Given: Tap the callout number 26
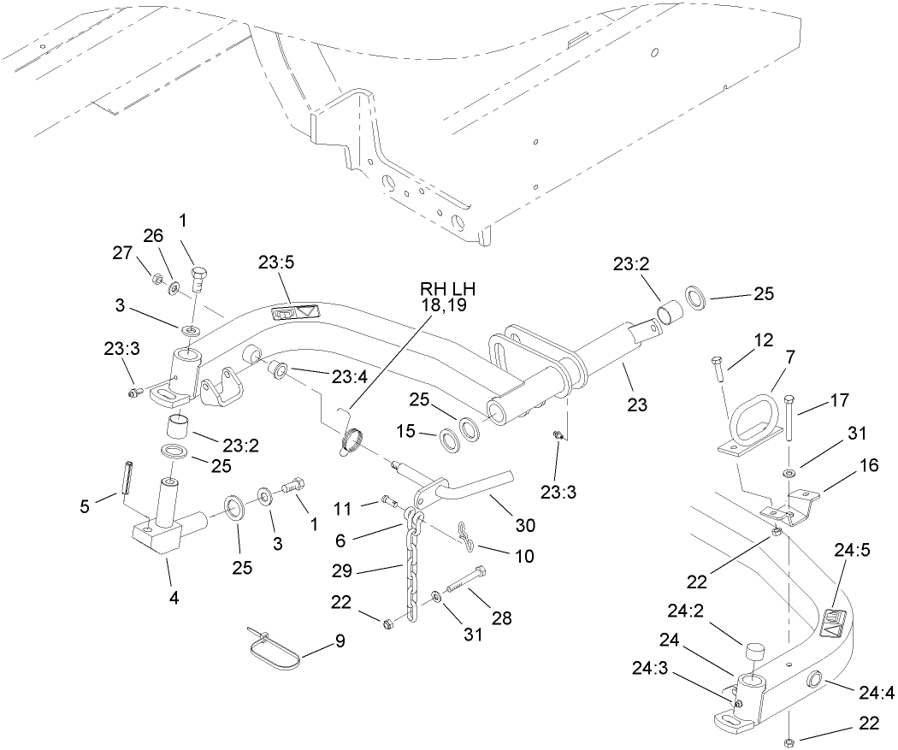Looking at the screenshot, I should click(x=152, y=235).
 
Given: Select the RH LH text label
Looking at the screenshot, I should click(x=443, y=288).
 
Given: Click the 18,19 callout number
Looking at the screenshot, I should click(x=443, y=304).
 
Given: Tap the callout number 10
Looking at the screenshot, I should click(x=523, y=556).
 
